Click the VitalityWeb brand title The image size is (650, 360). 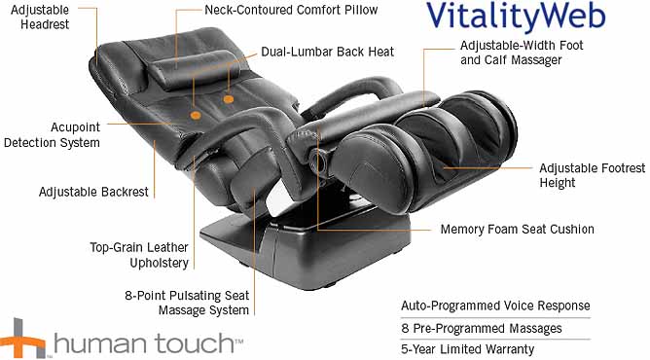tap(516, 17)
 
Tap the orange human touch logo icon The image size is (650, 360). tap(22, 339)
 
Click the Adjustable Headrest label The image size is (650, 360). tap(40, 17)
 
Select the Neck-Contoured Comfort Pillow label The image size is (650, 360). tap(291, 10)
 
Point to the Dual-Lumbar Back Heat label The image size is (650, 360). tap(328, 52)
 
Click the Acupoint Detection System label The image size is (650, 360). tap(53, 134)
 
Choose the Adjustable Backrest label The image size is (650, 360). tap(93, 192)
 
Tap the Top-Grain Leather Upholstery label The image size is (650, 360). tap(139, 255)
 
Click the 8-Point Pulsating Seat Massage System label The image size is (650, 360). tap(187, 303)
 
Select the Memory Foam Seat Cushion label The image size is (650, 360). tap(517, 229)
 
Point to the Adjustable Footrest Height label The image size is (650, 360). tap(592, 175)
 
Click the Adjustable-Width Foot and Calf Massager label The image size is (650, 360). tap(522, 53)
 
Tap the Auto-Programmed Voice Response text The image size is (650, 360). tap(495, 306)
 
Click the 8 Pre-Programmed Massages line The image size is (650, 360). tap(482, 329)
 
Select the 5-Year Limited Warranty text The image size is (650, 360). tap(467, 349)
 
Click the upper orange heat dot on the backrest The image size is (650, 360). tap(228, 99)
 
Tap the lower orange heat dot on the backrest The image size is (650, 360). tap(196, 115)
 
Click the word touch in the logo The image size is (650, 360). tap(195, 343)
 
